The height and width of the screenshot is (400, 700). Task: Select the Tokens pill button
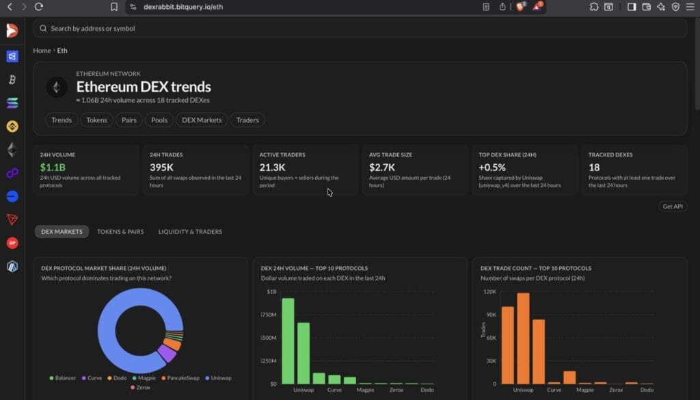96,120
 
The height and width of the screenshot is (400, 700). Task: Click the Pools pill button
159,120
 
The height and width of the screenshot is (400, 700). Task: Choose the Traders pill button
247,120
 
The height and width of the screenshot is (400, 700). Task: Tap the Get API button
673,206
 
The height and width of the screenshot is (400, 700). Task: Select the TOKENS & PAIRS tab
120,232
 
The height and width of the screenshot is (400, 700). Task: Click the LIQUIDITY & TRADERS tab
190,232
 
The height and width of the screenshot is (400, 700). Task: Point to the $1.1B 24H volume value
53,167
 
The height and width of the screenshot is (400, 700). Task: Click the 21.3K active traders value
272,167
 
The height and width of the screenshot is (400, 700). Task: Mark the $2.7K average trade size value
382,167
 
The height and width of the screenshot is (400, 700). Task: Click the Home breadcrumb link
42,51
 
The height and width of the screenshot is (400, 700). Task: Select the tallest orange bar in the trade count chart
523,338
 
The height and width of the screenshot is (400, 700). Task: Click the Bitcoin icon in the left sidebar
12,80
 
